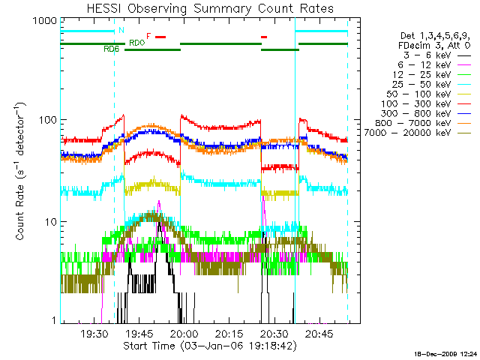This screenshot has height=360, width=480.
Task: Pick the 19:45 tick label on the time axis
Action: [139, 333]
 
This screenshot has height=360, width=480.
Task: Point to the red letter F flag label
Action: [149, 36]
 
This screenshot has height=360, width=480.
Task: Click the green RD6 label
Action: [111, 49]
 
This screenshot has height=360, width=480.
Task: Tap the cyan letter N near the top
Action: [121, 30]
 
